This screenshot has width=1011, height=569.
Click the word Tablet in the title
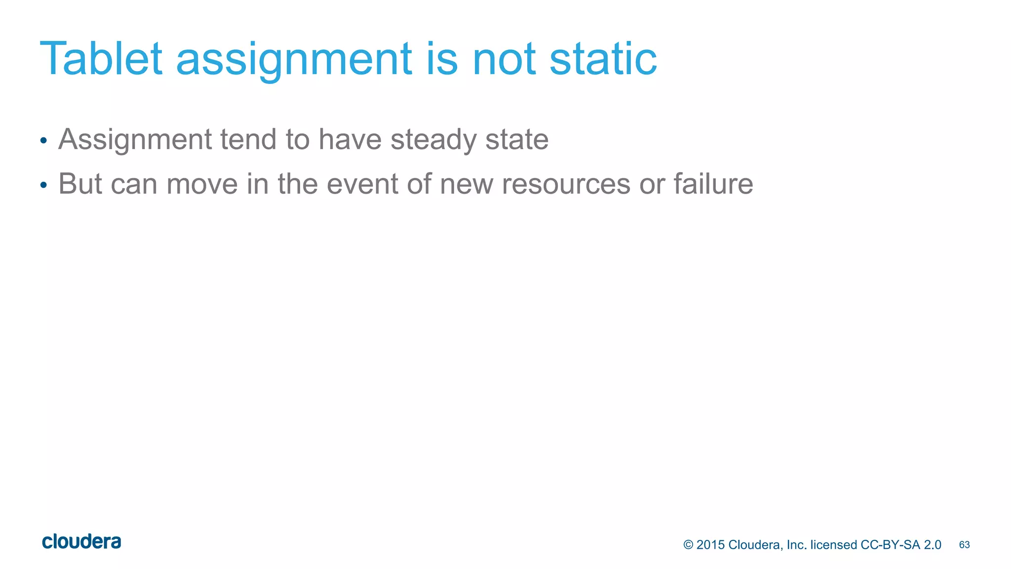pyautogui.click(x=101, y=59)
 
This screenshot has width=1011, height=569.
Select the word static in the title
pyautogui.click(x=603, y=59)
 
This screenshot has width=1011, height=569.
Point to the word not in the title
pyautogui.click(x=504, y=59)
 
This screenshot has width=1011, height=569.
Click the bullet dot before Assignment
pyautogui.click(x=43, y=141)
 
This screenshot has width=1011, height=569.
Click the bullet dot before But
pyautogui.click(x=43, y=185)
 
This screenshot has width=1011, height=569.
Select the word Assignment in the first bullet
pyautogui.click(x=135, y=140)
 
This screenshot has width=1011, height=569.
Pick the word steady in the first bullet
pyautogui.click(x=433, y=140)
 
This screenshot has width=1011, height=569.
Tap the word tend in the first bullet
pyautogui.click(x=248, y=139)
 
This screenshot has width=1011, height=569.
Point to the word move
pyautogui.click(x=202, y=184)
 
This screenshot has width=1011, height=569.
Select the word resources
pyautogui.click(x=566, y=184)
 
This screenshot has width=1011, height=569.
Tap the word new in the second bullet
pyautogui.click(x=466, y=184)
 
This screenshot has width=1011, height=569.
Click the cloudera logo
pyautogui.click(x=81, y=542)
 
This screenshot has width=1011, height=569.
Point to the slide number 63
pyautogui.click(x=964, y=545)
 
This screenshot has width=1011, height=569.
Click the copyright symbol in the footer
pyautogui.click(x=688, y=545)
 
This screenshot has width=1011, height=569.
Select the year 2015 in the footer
pyautogui.click(x=710, y=545)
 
